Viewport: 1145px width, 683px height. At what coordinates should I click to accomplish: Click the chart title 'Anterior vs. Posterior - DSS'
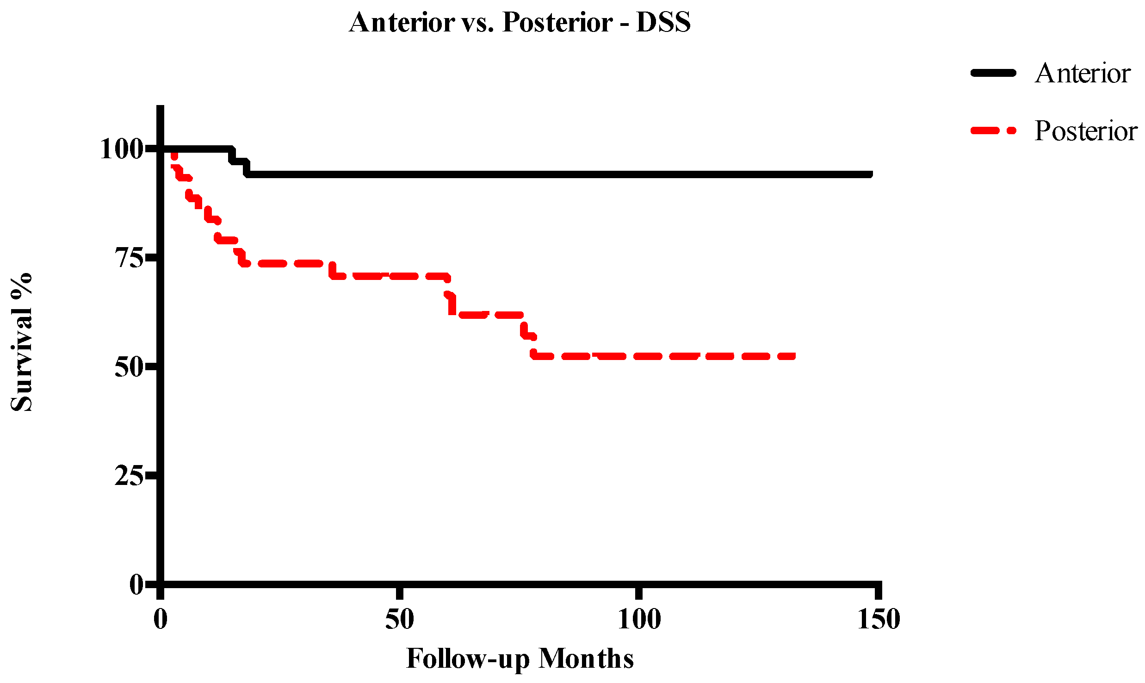520,22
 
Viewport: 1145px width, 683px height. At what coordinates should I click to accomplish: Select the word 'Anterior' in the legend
1083,73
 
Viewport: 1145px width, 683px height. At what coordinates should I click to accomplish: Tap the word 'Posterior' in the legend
1086,130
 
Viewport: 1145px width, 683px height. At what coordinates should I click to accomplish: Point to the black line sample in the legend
993,73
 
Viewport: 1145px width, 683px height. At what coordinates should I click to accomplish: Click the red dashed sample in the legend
993,130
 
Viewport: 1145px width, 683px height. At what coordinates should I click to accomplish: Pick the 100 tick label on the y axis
121,149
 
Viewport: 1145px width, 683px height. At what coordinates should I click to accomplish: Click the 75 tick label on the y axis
129,258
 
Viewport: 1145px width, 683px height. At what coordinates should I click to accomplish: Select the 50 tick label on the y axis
129,367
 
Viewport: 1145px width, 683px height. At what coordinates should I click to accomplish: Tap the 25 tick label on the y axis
129,476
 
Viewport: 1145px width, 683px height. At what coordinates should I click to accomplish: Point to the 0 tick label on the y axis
136,584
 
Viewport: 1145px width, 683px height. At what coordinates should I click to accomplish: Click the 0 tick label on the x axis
161,619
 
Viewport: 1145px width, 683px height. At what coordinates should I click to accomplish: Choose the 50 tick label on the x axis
400,619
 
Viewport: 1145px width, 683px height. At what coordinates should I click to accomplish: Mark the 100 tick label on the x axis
639,619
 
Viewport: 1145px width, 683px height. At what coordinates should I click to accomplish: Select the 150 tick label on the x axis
878,619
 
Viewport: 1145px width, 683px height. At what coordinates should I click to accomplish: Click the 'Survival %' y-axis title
22,342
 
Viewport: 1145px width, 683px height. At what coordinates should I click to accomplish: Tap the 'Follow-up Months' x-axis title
520,658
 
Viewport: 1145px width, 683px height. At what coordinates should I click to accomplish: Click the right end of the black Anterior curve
871,174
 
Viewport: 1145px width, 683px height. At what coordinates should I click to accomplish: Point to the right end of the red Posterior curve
793,356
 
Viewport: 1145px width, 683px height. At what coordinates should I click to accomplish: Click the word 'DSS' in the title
663,22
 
